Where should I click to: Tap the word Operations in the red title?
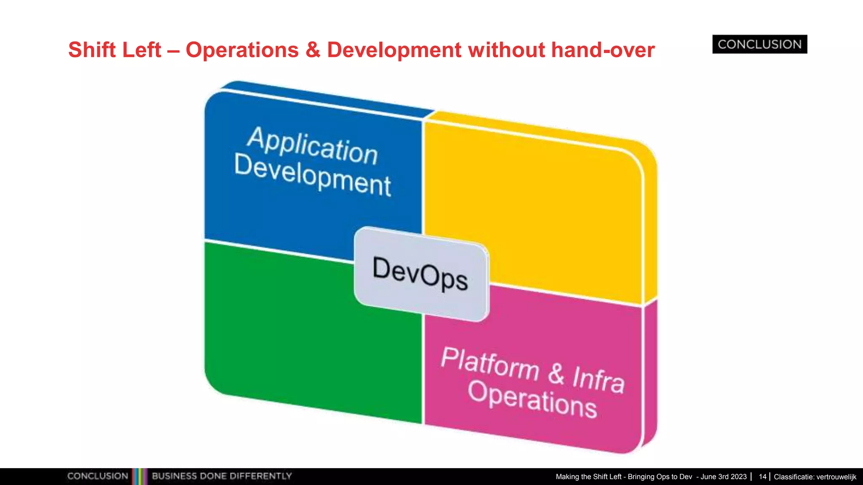[242, 50]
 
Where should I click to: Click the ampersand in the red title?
[313, 50]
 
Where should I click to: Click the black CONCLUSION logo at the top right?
[759, 44]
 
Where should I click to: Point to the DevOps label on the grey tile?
[420, 273]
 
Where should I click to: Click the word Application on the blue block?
[312, 146]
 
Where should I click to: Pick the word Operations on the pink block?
[532, 399]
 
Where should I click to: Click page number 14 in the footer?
[762, 477]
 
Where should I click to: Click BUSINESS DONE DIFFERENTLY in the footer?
[222, 476]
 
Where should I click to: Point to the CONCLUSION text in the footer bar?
[97, 476]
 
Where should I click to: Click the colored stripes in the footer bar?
[140, 476]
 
